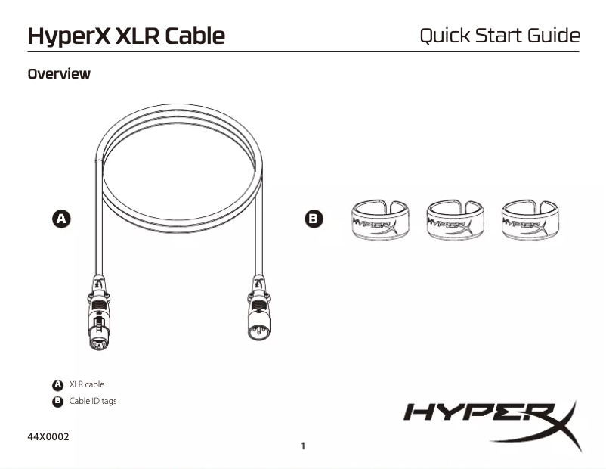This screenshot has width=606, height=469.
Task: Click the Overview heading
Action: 59,74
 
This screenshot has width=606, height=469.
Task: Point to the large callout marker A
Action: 61,219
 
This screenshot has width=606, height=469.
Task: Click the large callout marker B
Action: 313,219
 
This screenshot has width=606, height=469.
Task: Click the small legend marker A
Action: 57,385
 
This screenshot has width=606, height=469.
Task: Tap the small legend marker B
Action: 57,401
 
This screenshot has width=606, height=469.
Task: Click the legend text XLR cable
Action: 86,385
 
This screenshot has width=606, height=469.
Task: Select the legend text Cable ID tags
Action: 93,401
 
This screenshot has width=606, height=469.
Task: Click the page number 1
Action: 303,446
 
